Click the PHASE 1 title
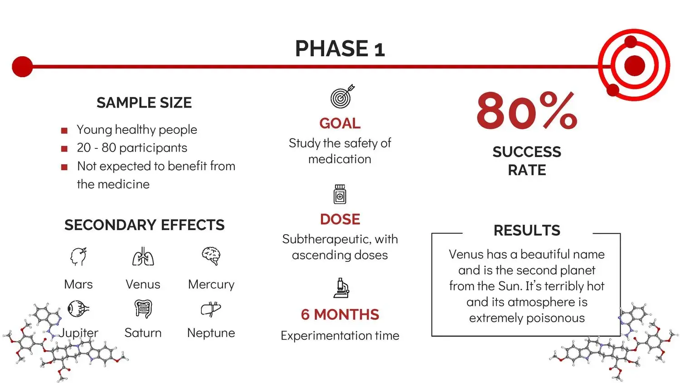click(340, 49)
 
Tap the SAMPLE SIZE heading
click(144, 103)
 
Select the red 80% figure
click(527, 111)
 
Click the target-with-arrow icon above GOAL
click(342, 96)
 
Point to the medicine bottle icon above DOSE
click(340, 194)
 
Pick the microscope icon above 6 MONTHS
click(341, 288)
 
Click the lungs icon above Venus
click(143, 256)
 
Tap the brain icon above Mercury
click(211, 256)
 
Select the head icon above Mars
click(78, 256)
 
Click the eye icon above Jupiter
click(78, 309)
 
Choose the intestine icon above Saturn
click(143, 309)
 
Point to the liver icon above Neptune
click(211, 309)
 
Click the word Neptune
click(211, 333)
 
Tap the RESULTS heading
click(527, 230)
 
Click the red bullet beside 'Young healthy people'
click(64, 130)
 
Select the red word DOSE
click(340, 219)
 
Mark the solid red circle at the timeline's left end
click(23, 67)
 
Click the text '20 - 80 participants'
click(132, 148)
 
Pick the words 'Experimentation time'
click(340, 336)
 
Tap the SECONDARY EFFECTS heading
click(145, 225)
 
